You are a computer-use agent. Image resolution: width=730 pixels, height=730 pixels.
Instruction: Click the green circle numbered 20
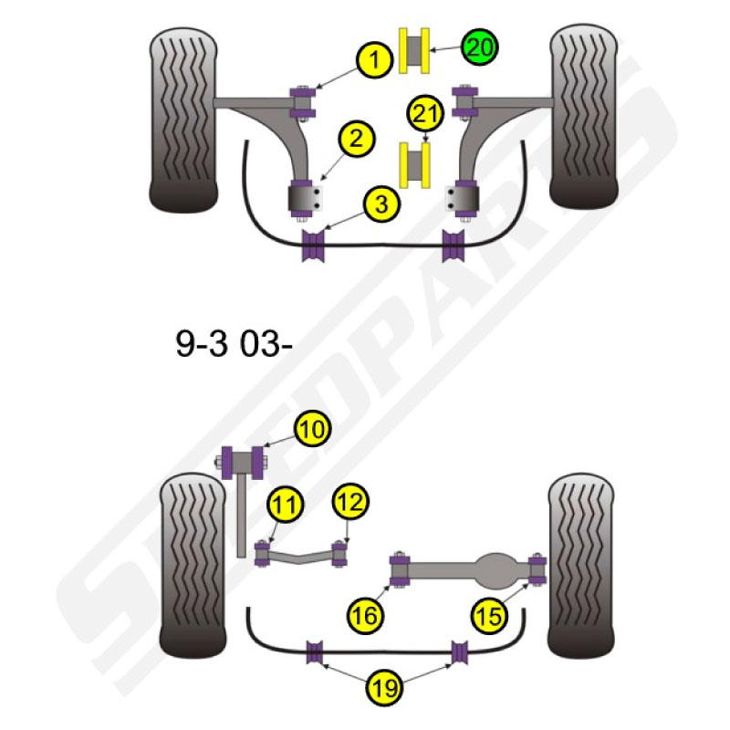(480, 47)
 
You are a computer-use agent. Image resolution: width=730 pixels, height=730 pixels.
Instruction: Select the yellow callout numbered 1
(375, 60)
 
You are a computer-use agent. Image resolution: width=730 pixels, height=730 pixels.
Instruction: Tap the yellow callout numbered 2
(357, 139)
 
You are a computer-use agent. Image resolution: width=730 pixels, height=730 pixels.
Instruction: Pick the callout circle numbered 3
(382, 204)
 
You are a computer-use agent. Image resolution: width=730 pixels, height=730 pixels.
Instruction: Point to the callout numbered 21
(425, 113)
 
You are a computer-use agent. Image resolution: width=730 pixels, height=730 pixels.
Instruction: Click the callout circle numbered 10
(312, 429)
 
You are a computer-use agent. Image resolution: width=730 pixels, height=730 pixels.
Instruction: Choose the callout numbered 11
(286, 505)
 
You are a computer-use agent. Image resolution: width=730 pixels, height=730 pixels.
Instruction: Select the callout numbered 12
(350, 502)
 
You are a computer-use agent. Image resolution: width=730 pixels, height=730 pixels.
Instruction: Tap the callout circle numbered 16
(366, 616)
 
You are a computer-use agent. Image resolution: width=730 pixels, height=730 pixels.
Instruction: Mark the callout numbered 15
(489, 616)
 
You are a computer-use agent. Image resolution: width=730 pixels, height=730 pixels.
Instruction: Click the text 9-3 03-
(234, 345)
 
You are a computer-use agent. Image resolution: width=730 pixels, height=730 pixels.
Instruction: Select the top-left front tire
(183, 120)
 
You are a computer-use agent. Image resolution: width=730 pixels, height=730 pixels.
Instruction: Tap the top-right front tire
(584, 117)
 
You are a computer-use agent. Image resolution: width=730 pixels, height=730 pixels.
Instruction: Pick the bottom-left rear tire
(193, 566)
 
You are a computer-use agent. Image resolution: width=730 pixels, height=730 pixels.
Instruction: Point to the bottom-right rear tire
(581, 566)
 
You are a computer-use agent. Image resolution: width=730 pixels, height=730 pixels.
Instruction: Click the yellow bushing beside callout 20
(414, 51)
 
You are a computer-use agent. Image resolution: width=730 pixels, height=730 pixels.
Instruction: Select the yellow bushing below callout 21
(414, 165)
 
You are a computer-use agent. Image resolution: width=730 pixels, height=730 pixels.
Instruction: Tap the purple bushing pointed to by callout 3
(313, 245)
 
